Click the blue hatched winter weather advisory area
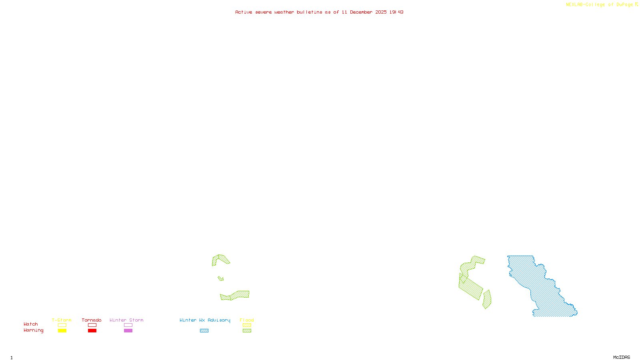(x=540, y=288)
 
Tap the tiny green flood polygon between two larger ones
(x=221, y=278)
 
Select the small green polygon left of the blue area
(x=487, y=300)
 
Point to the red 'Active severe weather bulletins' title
(x=319, y=12)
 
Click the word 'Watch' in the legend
(x=31, y=324)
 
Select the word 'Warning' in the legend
(x=33, y=330)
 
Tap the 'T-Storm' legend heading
(x=62, y=320)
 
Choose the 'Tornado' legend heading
(x=92, y=320)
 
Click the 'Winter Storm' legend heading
(x=126, y=320)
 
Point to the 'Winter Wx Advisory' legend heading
(x=205, y=320)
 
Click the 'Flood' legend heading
(x=247, y=320)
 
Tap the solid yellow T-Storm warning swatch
(x=62, y=331)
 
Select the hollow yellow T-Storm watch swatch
(x=62, y=325)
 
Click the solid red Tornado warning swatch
(x=92, y=331)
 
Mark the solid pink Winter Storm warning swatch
(x=128, y=331)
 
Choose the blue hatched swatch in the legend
(x=204, y=331)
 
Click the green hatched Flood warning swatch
(x=247, y=331)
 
